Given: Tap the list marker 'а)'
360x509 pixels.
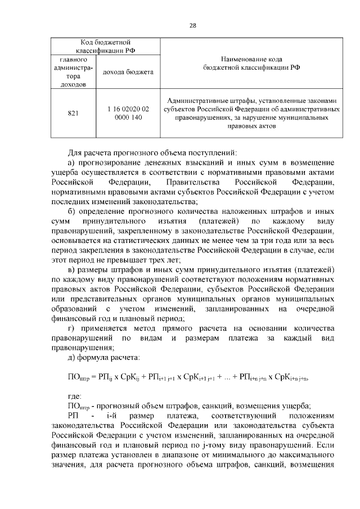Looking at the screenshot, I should [x=71, y=163].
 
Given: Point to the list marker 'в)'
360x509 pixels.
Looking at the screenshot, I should [x=71, y=270].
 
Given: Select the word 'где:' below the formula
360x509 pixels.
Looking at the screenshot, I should [x=74, y=397].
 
